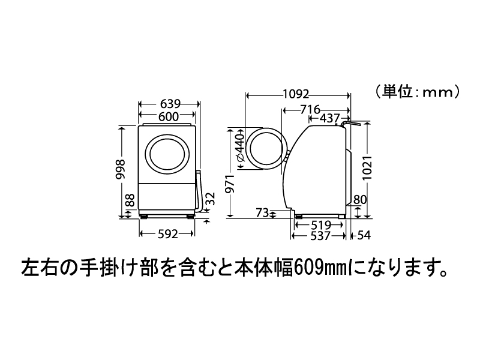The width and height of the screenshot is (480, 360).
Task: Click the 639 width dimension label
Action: pos(170,104)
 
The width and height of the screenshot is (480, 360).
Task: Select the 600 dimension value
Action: pos(169,116)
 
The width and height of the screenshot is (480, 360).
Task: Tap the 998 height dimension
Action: pos(121,170)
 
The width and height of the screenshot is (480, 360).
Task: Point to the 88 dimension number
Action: pos(130,200)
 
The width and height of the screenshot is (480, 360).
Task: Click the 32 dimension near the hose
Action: pos(211,199)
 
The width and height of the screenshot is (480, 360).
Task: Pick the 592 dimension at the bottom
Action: pos(168,234)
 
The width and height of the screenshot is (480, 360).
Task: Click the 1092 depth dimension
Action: pos(296,94)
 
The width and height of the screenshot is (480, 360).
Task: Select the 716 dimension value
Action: pos(310,109)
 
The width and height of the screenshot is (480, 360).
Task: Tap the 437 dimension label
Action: pos(329,118)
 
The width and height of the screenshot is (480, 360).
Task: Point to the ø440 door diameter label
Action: pos(241,148)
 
